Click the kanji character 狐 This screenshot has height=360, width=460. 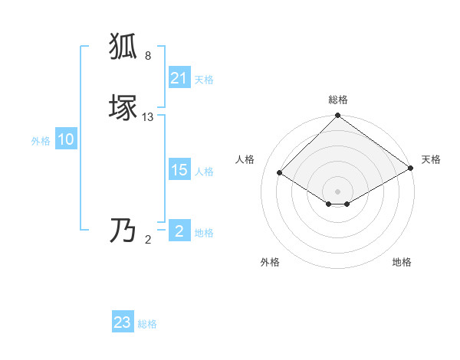pyautogui.click(x=125, y=47)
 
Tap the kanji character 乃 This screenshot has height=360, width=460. pyautogui.click(x=125, y=231)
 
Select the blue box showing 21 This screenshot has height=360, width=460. pyautogui.click(x=179, y=78)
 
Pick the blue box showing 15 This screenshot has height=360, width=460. pyautogui.click(x=179, y=170)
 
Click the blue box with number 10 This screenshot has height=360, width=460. pyautogui.click(x=66, y=139)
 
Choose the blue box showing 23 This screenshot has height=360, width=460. pyautogui.click(x=123, y=322)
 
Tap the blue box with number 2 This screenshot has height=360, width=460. pyautogui.click(x=179, y=231)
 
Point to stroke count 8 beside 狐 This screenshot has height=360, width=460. pyautogui.click(x=148, y=56)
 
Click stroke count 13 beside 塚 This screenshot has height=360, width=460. pyautogui.click(x=148, y=117)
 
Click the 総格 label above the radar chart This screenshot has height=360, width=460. pyautogui.click(x=337, y=100)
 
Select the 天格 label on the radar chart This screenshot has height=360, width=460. pyautogui.click(x=431, y=159)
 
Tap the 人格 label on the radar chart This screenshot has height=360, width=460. pyautogui.click(x=245, y=159)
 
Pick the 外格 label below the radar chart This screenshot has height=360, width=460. pyautogui.click(x=270, y=262)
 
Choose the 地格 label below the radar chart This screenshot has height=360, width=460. pyautogui.click(x=402, y=262)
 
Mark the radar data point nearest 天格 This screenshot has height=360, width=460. pyautogui.click(x=410, y=169)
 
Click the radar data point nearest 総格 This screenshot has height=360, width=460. pyautogui.click(x=337, y=116)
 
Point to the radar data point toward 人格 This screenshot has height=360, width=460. pyautogui.click(x=281, y=173)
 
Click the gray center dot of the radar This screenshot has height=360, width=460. pyautogui.click(x=337, y=191)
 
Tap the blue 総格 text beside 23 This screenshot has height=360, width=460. pyautogui.click(x=147, y=324)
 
